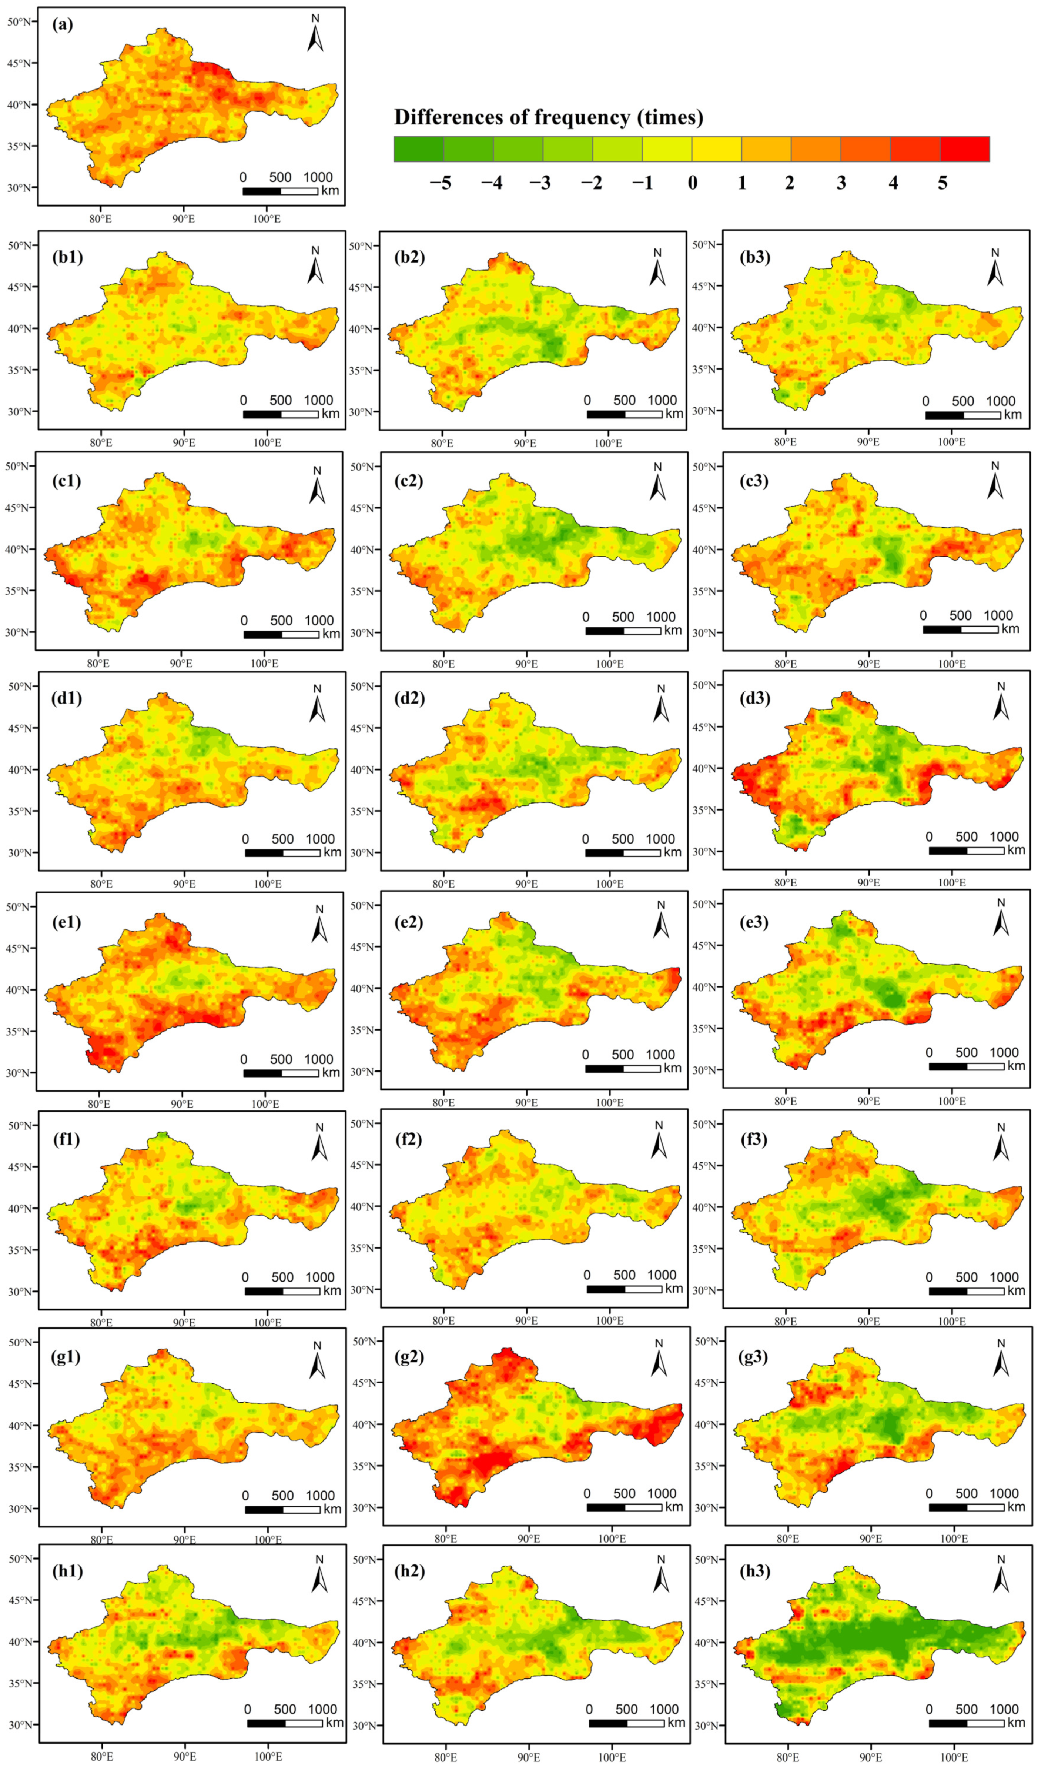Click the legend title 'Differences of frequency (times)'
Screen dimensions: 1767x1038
548,117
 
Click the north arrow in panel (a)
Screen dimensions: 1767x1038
315,35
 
